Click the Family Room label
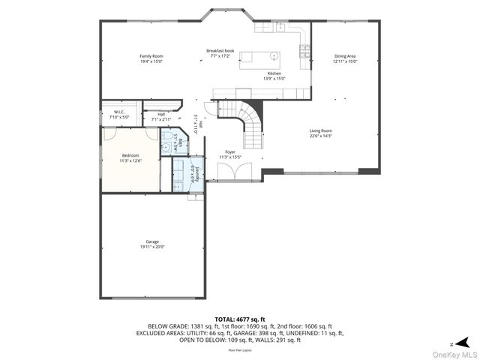[151, 56]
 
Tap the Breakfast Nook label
[221, 50]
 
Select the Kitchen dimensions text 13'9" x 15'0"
[274, 78]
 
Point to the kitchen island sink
[274, 56]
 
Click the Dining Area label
[345, 56]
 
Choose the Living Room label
[321, 130]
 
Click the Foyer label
[230, 151]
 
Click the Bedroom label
[130, 155]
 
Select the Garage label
[151, 241]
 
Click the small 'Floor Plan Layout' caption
[240, 349]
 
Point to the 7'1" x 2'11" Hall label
[161, 116]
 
